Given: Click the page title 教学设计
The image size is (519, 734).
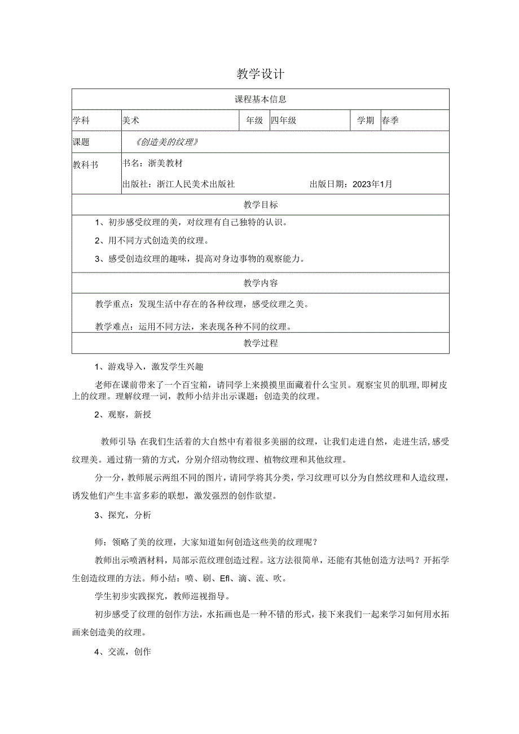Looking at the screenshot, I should tap(260, 74).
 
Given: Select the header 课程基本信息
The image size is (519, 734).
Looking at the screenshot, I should tap(260, 99).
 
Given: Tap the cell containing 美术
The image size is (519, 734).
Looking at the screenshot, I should tap(131, 121).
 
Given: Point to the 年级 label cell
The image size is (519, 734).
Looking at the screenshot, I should tap(254, 121).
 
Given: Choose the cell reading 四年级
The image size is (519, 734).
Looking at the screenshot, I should tap(284, 121).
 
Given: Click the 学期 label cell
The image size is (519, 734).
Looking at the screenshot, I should tap(366, 121).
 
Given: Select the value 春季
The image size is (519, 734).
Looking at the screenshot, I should tap(390, 121).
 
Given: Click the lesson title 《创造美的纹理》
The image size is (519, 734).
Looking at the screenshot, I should tap(168, 142).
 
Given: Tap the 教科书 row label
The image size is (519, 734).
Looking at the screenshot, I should tap(85, 165).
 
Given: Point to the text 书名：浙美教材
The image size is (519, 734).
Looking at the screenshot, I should tap(152, 163).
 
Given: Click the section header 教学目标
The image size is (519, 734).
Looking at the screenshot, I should tap(260, 204).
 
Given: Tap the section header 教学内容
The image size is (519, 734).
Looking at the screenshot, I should tap(260, 283).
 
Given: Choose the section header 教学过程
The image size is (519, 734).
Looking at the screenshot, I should tap(260, 343).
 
